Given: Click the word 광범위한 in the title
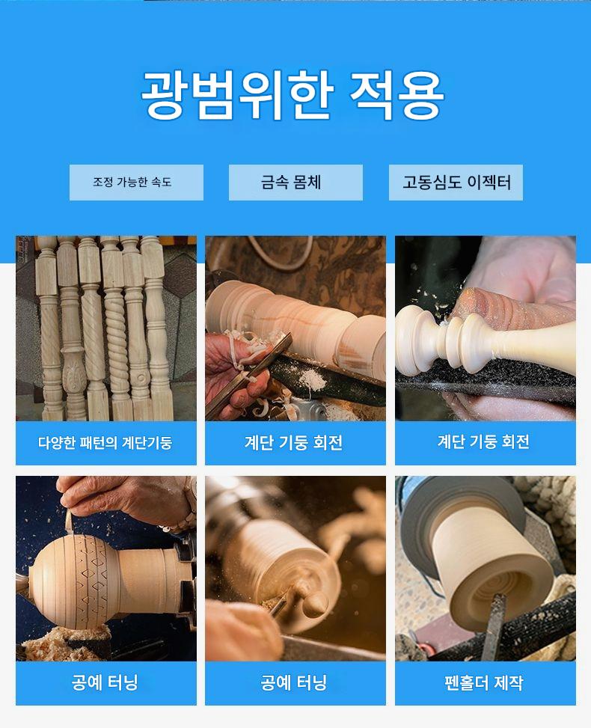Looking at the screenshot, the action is pos(238,95).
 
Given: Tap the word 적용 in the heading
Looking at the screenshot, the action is pos(397,95).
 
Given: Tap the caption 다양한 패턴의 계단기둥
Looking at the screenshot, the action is pos(105,442).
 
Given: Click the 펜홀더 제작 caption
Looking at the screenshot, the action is pos(484,682).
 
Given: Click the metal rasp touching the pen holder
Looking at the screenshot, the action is pos(493,625).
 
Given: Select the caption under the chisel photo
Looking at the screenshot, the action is pos(294,442).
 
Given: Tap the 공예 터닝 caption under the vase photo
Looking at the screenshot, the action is pos(105,682).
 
